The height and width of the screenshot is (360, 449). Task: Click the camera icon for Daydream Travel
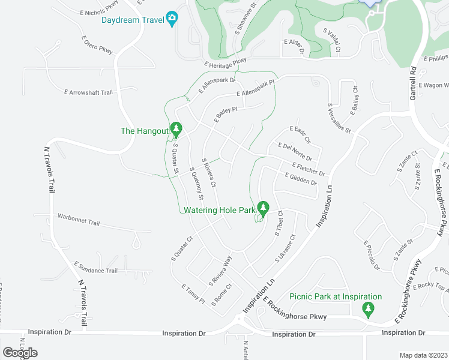pos(172,19)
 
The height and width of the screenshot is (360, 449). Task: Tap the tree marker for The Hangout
pos(176,128)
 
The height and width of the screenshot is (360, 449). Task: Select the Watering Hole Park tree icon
pos(262,208)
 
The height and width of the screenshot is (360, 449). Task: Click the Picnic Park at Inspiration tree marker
pos(368,309)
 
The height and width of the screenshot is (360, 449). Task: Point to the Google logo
pos(20,353)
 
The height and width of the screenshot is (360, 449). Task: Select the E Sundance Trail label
pos(95,268)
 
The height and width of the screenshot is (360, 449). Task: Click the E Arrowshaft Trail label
pos(88,92)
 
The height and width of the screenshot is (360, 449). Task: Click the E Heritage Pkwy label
pos(225,61)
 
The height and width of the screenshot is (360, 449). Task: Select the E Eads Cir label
pos(300,134)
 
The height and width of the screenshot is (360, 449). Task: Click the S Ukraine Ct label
pos(286,248)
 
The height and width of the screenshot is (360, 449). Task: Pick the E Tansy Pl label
pos(193,294)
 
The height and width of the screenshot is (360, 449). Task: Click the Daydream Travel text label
pos(133,20)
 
